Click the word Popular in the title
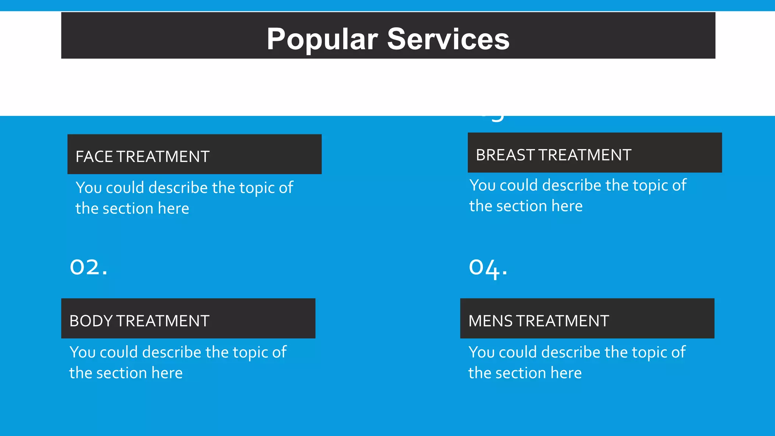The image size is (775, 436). (322, 39)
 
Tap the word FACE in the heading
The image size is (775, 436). (94, 157)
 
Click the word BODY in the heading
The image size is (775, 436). (91, 321)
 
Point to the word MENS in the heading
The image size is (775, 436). (491, 321)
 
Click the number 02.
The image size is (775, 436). (89, 267)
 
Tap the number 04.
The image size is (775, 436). (488, 268)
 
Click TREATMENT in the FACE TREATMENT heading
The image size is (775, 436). (163, 157)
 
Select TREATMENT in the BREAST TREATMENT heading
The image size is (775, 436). (585, 155)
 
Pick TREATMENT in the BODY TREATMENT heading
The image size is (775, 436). (162, 321)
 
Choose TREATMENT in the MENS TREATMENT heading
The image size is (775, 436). (562, 321)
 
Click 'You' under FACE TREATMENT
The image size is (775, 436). (89, 188)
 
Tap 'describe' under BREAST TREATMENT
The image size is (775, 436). (572, 185)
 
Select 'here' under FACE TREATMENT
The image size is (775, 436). (173, 209)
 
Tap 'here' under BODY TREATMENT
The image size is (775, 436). (167, 373)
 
